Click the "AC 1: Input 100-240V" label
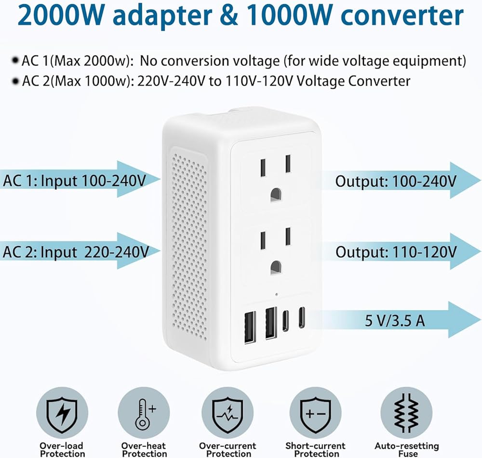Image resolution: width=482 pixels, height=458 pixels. [x=74, y=180]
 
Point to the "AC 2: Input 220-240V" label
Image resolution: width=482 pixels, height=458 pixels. [x=76, y=252]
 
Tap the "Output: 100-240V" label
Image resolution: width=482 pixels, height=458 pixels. [x=396, y=181]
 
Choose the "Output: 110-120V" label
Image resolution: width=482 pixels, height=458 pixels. [x=396, y=252]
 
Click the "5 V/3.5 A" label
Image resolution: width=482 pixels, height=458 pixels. [x=395, y=321]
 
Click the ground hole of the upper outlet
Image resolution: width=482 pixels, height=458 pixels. [x=276, y=195]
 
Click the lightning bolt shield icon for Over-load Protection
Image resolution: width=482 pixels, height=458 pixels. [x=62, y=413]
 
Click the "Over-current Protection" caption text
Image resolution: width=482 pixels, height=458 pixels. [x=228, y=449]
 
